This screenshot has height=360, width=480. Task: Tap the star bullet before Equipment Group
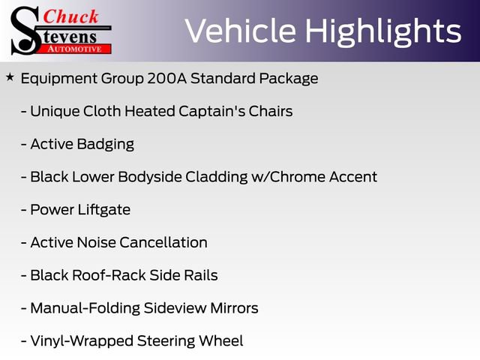coord(10,77)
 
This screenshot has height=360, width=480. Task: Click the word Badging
coord(105,144)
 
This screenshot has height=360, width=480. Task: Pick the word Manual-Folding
coord(84,308)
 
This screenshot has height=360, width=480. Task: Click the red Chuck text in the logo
coord(71,16)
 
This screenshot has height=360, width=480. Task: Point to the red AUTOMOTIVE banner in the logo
coord(74,49)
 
